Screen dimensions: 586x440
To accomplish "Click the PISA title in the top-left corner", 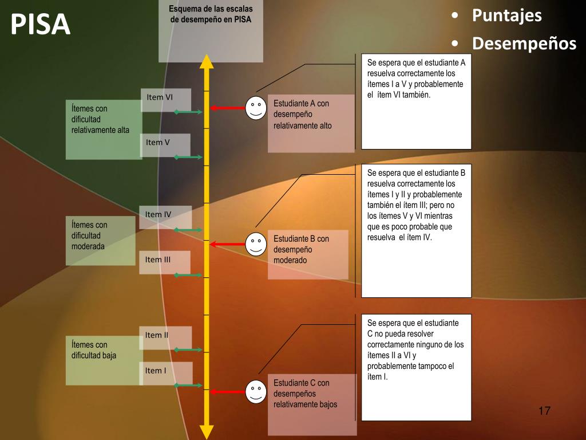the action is point(40,25).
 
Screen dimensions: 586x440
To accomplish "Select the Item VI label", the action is point(160,97).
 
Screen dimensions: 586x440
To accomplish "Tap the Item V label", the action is point(158,143).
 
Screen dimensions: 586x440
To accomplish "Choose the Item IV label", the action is point(158,215).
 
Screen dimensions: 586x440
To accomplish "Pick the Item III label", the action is point(158,260).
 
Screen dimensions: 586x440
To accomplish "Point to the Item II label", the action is point(157,335).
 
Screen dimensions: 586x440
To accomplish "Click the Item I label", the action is point(156,371).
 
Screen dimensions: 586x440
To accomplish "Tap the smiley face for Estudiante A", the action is point(256,108).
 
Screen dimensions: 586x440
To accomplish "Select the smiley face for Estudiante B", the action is point(256,245).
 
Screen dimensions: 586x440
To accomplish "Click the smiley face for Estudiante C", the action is point(256,392).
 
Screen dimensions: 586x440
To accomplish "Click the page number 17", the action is point(544,411).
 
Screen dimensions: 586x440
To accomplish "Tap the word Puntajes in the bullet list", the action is point(506,15).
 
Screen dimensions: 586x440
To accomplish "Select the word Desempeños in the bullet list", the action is point(524,44).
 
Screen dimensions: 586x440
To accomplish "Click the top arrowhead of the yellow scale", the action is point(207,61).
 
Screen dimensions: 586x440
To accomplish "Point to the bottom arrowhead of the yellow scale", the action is point(207,432).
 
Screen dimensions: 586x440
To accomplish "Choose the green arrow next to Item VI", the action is point(188,112).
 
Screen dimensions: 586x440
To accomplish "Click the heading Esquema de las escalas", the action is point(211,9).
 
